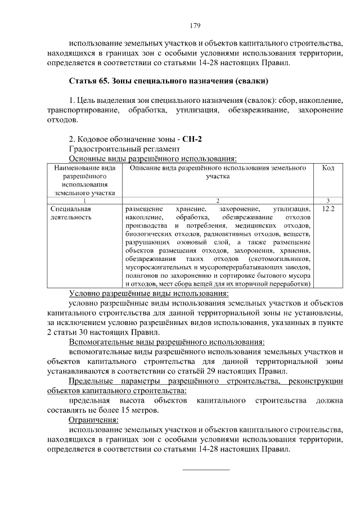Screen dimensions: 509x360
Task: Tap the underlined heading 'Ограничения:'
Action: click(93, 420)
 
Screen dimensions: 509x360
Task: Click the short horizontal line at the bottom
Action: click(206, 469)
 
